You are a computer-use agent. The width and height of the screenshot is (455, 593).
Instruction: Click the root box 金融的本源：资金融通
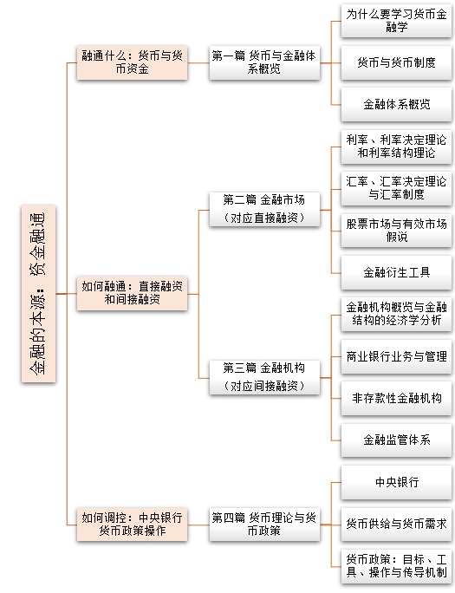point(38,294)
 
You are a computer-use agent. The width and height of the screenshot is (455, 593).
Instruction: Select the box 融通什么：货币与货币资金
point(132,62)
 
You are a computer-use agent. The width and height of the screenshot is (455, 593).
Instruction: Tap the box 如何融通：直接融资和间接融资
point(132,294)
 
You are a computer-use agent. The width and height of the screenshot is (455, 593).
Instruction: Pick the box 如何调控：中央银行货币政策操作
point(132,525)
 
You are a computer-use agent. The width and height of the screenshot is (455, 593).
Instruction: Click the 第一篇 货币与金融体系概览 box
point(264,62)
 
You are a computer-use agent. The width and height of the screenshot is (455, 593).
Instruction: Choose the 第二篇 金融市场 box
point(264,210)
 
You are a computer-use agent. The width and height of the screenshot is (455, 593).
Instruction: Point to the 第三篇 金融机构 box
point(264,377)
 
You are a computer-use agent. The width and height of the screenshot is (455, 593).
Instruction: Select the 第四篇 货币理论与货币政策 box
point(264,525)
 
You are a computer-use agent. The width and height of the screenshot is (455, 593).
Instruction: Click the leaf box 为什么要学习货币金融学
point(396,21)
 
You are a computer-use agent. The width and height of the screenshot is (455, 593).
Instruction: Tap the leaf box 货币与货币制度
point(396,62)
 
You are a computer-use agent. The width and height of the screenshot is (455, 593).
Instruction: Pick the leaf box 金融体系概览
point(396,105)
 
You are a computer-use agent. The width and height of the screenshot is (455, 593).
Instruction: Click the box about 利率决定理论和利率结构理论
point(396,147)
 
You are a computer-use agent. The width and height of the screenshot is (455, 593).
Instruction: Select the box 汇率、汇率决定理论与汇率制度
point(396,189)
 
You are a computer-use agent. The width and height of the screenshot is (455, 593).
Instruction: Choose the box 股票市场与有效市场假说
point(396,231)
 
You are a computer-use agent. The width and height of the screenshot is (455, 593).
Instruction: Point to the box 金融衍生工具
point(396,273)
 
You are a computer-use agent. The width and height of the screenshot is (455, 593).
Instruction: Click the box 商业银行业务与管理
point(396,356)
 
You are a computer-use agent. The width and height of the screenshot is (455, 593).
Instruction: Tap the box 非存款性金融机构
point(396,399)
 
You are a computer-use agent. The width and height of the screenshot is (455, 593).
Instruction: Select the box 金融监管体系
point(396,440)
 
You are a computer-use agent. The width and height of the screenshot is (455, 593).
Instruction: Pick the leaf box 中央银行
point(396,483)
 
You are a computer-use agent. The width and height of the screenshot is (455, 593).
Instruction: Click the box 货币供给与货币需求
point(396,525)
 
